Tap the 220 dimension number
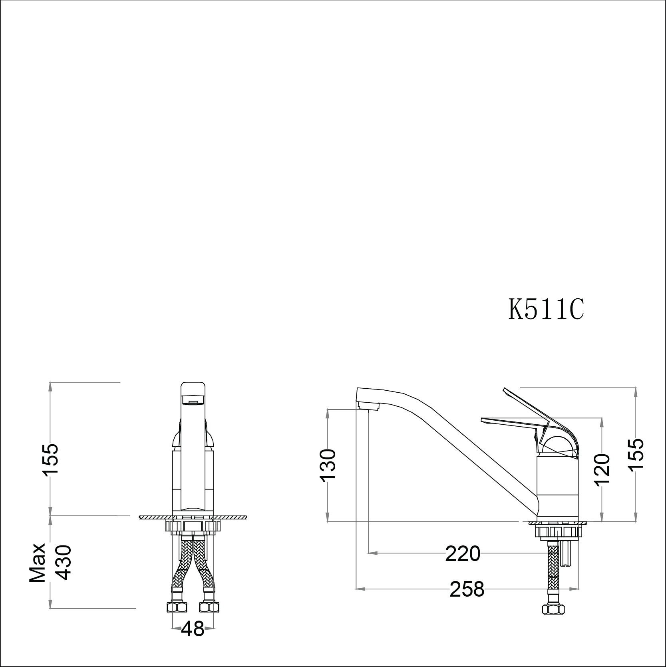(463, 554)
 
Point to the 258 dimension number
(467, 589)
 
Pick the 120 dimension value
(602, 469)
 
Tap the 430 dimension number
(63, 562)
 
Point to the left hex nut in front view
(177, 619)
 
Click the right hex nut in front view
(209, 619)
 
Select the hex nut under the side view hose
(553, 620)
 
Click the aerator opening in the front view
(193, 402)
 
